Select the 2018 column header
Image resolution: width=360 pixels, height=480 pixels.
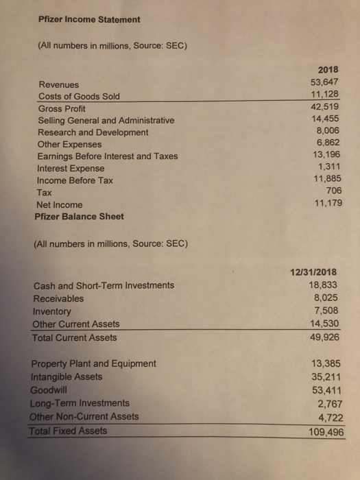pyautogui.click(x=330, y=69)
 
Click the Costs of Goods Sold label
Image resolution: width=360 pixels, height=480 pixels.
pyautogui.click(x=79, y=96)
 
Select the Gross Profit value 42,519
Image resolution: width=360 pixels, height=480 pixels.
pyautogui.click(x=325, y=106)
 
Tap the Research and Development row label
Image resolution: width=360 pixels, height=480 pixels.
pyautogui.click(x=93, y=132)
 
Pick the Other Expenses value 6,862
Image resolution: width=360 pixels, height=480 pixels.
pyautogui.click(x=328, y=143)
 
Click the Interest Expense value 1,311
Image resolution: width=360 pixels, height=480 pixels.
pyautogui.click(x=328, y=167)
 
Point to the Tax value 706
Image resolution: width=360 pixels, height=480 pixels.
pyautogui.click(x=333, y=191)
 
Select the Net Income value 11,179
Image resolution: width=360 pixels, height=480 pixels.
pyautogui.click(x=326, y=203)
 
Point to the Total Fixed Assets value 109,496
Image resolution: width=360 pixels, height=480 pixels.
pyautogui.click(x=322, y=431)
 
